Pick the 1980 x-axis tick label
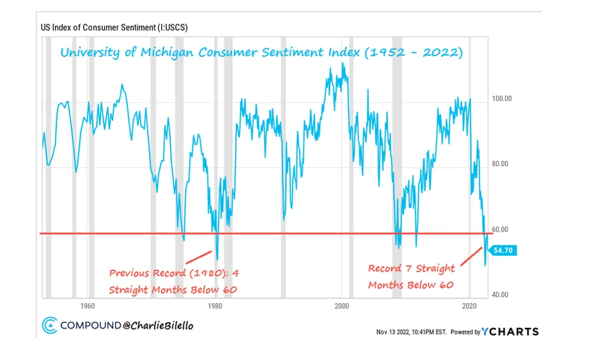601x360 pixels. click(215, 305)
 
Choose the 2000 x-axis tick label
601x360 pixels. click(343, 305)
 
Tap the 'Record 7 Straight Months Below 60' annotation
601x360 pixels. click(411, 276)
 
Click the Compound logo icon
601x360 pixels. click(49, 325)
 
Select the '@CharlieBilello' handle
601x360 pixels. click(158, 325)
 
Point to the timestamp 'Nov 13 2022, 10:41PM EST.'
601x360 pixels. click(412, 332)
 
